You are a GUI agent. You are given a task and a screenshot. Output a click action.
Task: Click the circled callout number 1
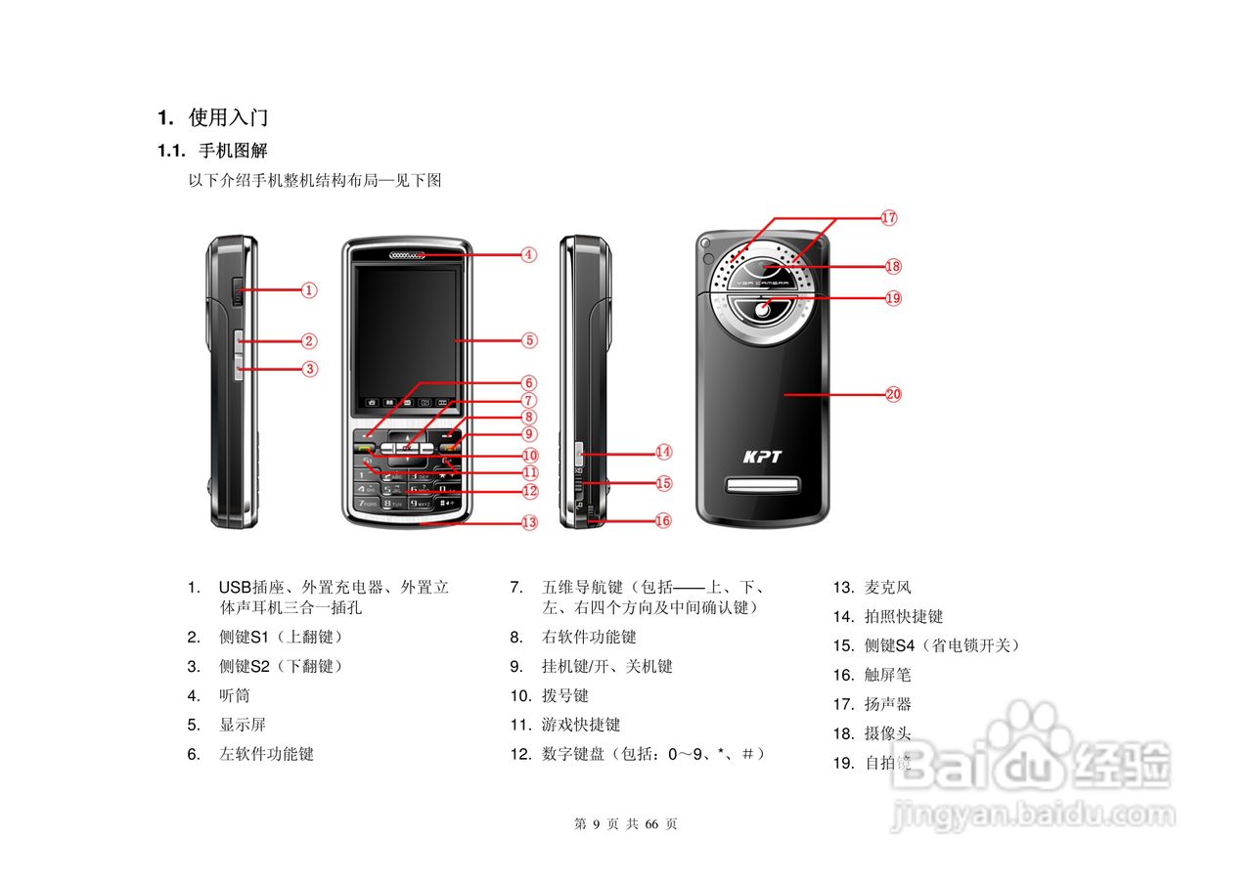[x=308, y=289]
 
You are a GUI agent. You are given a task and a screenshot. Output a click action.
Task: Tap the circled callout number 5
[x=529, y=340]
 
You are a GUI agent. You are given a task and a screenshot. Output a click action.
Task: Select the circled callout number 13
[x=529, y=522]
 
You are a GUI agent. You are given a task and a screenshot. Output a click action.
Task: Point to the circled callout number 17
[x=888, y=218]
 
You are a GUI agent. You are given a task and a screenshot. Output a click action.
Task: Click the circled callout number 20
[x=893, y=394]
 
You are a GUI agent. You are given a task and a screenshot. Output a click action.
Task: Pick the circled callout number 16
[x=663, y=520]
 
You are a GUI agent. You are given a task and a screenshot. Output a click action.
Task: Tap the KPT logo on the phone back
[x=762, y=457]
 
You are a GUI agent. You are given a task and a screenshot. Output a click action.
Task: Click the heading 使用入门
[x=228, y=118]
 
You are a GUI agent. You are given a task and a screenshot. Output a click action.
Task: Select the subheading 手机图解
[x=233, y=151]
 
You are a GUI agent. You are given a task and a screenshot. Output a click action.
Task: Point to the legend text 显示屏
[x=242, y=725]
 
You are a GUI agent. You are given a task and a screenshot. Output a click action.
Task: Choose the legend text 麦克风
[x=888, y=588]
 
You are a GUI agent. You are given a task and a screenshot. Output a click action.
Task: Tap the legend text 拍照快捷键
[x=904, y=616]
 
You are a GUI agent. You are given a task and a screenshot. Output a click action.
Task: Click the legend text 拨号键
[x=565, y=695]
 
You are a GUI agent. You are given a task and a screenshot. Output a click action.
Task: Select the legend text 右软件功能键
[x=589, y=637]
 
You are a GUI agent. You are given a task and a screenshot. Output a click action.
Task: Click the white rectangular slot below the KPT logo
[x=763, y=485]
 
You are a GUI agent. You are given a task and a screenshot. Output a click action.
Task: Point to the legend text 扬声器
[x=888, y=704]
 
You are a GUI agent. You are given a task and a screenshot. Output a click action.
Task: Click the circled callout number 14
[x=664, y=452]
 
